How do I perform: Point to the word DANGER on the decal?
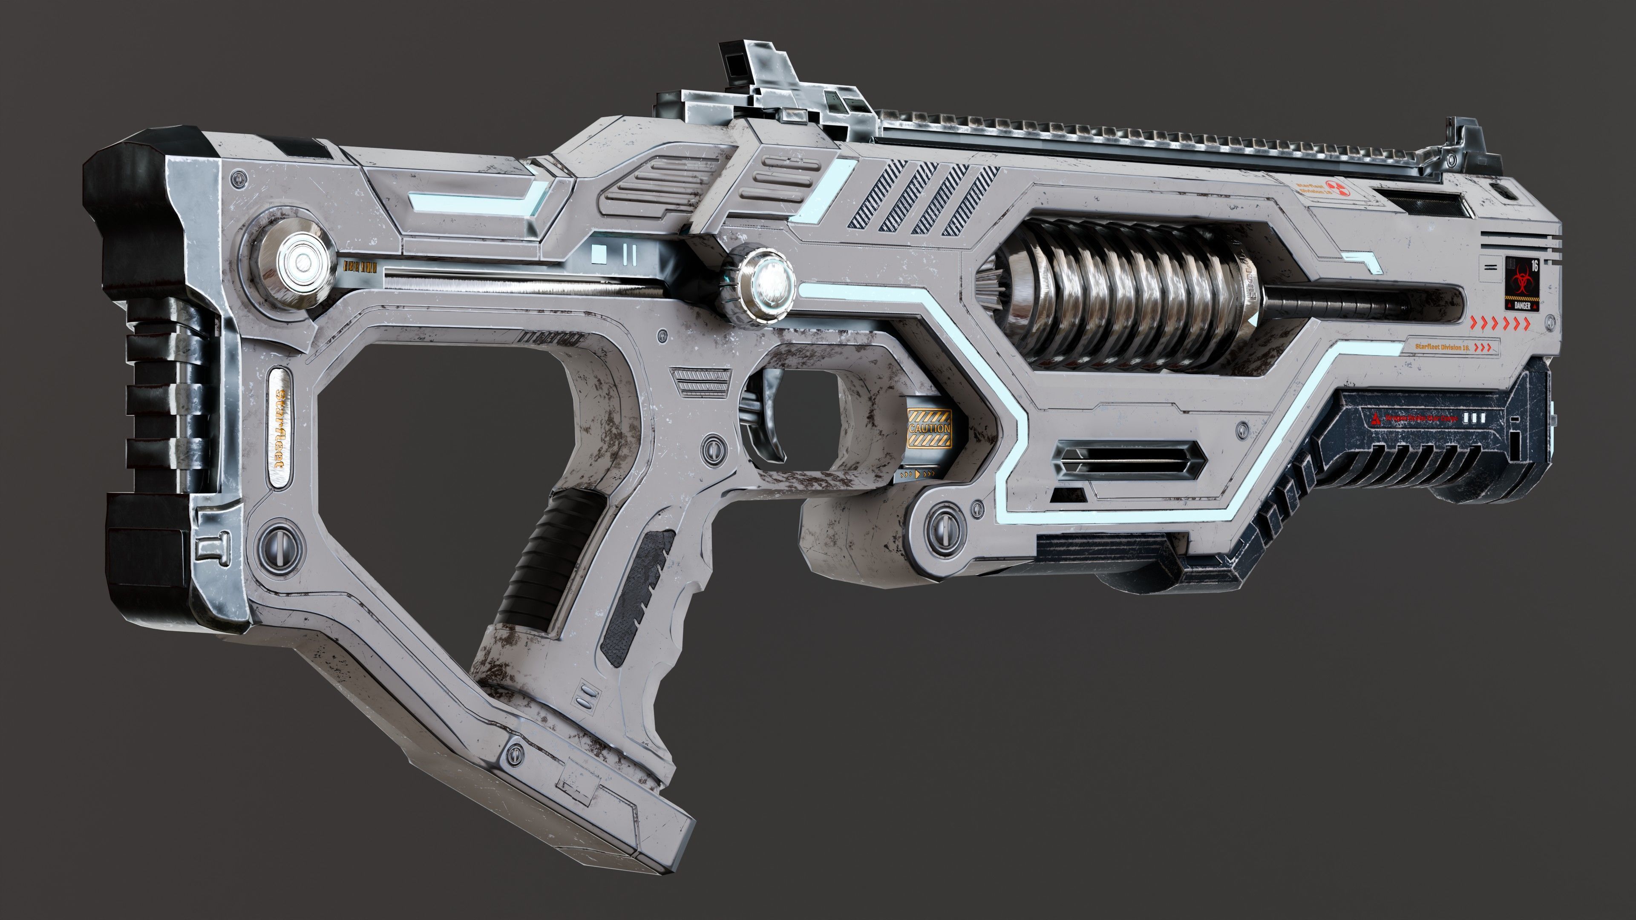(x=1522, y=305)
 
